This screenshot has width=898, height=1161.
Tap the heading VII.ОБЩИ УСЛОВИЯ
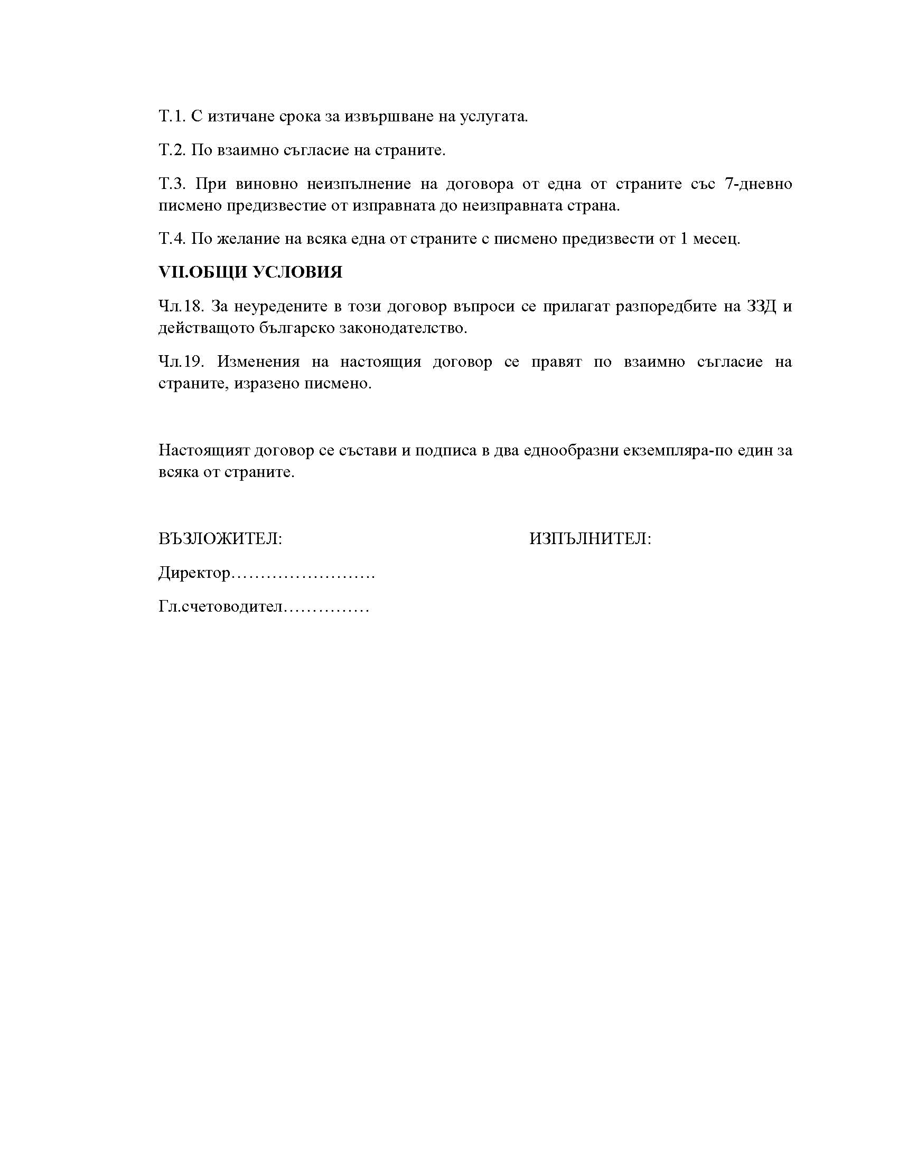click(250, 272)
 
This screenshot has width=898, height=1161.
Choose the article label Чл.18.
click(181, 306)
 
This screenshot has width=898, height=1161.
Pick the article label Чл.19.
click(181, 361)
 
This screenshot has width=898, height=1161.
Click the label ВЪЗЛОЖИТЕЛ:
click(220, 539)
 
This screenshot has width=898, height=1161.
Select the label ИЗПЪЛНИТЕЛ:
click(590, 539)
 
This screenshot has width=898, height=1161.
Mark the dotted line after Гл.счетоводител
click(326, 607)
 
